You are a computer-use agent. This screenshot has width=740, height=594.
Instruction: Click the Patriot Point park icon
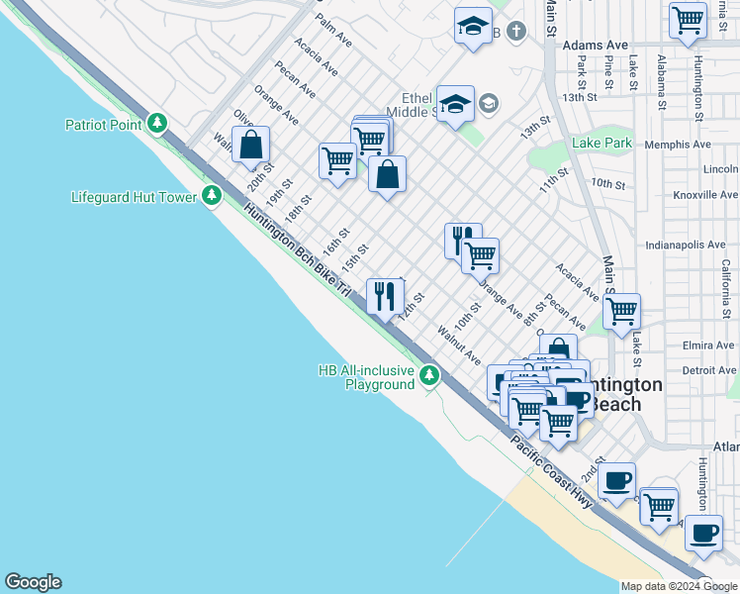click(x=156, y=124)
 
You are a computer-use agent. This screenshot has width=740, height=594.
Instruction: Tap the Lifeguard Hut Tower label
click(x=135, y=197)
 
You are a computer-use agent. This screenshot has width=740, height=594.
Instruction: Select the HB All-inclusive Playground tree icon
click(x=429, y=375)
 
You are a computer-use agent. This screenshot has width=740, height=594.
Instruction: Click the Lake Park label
click(x=601, y=144)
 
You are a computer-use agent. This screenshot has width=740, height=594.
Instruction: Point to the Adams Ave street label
click(x=595, y=46)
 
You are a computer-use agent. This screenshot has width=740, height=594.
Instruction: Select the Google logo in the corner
click(x=33, y=582)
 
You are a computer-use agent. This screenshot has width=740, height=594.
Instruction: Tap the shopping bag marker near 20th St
click(x=251, y=146)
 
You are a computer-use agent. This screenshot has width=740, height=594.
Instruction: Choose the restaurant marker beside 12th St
click(x=383, y=295)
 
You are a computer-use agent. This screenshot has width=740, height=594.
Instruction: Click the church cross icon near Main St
click(x=514, y=32)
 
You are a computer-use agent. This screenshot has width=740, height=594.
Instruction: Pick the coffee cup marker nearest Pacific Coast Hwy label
click(x=616, y=481)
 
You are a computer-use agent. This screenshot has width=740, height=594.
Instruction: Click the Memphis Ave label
click(x=677, y=145)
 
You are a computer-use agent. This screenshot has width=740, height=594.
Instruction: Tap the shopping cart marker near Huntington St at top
click(x=687, y=20)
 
